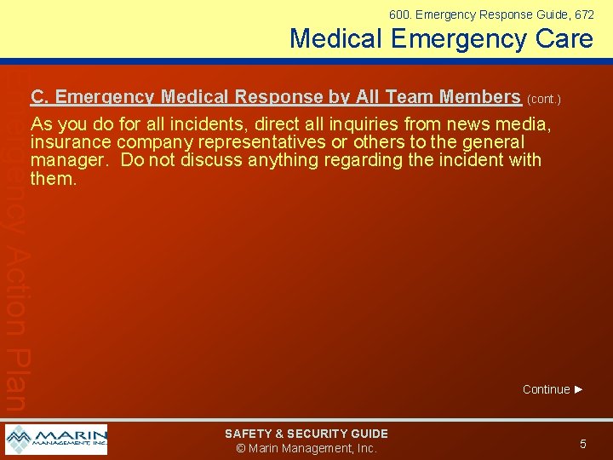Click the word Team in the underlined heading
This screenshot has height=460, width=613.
point(405,97)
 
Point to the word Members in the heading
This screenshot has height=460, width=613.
point(478,97)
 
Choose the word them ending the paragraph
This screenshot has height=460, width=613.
point(51,178)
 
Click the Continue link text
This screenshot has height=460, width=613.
point(546,389)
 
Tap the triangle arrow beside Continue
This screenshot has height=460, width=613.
point(580,389)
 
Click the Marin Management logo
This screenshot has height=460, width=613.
point(56,440)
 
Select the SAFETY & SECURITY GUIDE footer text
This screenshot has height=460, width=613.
point(306,434)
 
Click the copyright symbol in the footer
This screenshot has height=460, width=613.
point(241,448)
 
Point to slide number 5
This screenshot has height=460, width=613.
point(583,444)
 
